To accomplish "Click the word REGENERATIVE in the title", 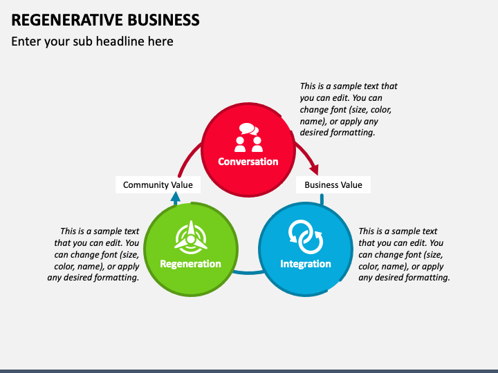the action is [66, 20].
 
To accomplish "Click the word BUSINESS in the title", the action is [163, 20].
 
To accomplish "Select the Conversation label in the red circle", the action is [248, 162].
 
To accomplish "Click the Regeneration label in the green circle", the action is [190, 264].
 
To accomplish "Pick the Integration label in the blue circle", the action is [306, 264].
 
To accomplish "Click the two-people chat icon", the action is [248, 137].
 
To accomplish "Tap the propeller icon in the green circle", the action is [191, 237].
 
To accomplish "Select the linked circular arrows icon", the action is [306, 237].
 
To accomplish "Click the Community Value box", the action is [158, 184].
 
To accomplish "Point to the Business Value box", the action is [333, 184].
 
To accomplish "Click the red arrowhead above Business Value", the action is [314, 169].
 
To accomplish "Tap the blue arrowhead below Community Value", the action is [175, 198].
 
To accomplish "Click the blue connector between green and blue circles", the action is [248, 273].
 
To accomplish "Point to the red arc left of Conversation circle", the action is [187, 160].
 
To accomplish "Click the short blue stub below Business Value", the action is [322, 200].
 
